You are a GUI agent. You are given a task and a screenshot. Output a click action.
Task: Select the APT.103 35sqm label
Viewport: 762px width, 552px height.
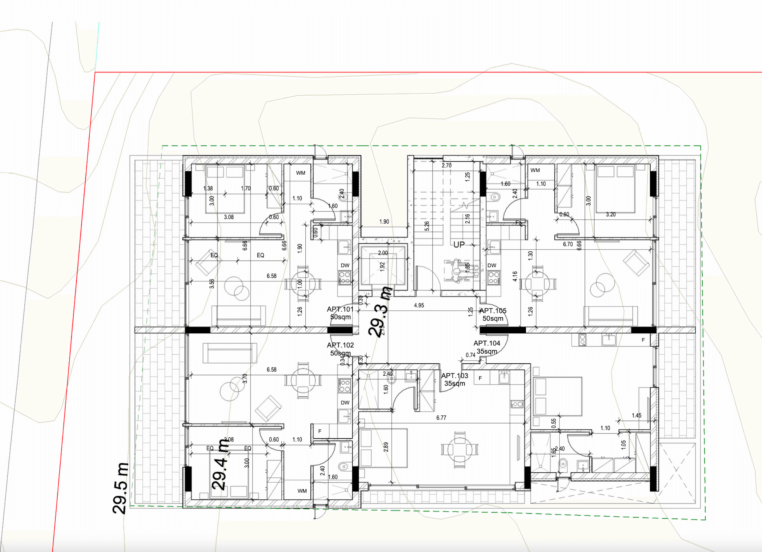tap(454, 379)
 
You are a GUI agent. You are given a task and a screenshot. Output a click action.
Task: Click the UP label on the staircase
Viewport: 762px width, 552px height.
tap(459, 245)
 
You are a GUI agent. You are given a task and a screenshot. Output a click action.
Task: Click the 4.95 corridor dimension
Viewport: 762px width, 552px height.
tap(419, 305)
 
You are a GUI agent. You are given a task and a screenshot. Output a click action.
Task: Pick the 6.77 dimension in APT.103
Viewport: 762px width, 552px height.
tap(441, 418)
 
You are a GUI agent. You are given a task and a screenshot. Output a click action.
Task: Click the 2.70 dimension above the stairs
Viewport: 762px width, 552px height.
tap(447, 165)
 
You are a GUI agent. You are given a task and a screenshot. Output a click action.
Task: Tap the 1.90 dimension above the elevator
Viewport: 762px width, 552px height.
tap(384, 222)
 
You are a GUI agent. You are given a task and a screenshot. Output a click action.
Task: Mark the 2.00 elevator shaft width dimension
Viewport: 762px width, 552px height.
tap(383, 253)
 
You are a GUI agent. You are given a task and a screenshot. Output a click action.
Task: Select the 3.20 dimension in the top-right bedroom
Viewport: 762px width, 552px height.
tap(611, 214)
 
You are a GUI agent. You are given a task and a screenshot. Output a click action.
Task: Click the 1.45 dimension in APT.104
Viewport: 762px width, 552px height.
tap(636, 415)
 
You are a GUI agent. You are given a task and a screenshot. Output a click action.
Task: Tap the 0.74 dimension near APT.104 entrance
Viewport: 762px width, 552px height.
tap(470, 355)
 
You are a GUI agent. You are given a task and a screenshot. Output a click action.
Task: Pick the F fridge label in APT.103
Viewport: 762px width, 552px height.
tap(480, 378)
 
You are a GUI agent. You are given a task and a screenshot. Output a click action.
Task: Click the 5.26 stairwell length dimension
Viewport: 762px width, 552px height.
tap(427, 226)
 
